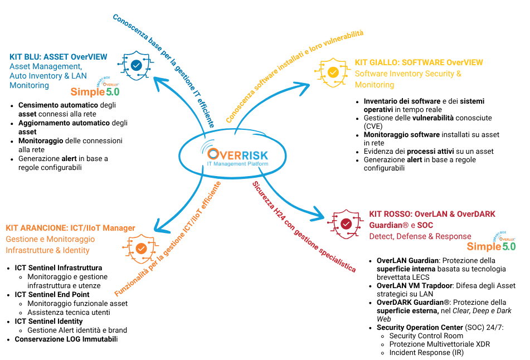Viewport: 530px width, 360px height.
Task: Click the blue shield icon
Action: [136, 66]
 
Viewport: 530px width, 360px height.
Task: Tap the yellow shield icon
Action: [333, 72]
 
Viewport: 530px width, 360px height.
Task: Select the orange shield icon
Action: [141, 249]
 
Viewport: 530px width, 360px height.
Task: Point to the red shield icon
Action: [346, 224]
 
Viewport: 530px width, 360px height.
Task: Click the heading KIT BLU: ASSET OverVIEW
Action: [59, 57]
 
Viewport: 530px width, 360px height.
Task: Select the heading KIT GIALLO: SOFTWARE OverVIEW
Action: [419, 62]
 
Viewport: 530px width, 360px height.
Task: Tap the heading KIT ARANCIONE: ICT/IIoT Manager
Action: [70, 228]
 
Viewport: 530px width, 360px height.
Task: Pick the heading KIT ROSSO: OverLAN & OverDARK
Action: [432, 214]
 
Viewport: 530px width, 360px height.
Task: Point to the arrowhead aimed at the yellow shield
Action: [303, 88]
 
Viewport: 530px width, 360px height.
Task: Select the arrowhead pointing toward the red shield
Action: [318, 215]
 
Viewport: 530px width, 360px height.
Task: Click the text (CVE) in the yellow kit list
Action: [373, 127]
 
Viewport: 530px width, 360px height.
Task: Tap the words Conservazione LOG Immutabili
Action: [66, 339]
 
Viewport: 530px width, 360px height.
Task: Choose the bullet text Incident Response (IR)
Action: [426, 353]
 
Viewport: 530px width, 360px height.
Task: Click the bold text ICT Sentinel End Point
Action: [52, 294]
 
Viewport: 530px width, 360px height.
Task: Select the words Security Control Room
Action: [426, 335]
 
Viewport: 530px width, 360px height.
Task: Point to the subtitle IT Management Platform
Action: [237, 164]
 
